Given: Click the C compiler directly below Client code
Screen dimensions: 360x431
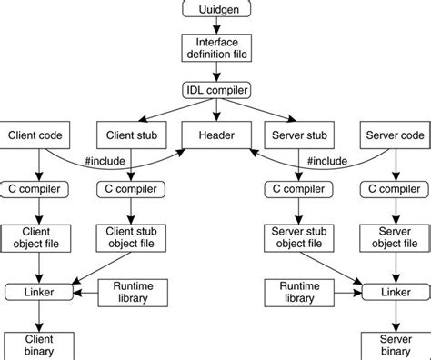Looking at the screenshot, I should coord(38,189).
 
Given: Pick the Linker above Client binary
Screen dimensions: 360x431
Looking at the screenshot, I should coord(38,292).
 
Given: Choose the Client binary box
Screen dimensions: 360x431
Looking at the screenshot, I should coord(38,344).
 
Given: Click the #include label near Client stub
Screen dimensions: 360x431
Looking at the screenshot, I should coord(103,162).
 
